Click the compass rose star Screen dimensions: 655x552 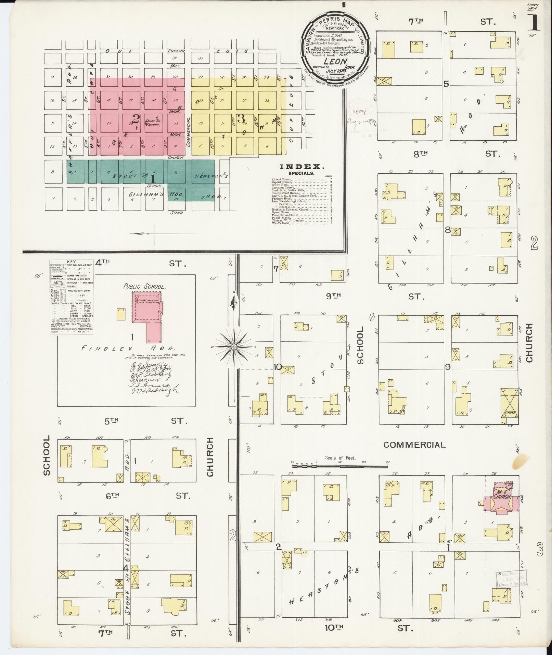[233, 347]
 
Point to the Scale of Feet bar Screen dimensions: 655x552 [340, 465]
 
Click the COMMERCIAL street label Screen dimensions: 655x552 [414, 445]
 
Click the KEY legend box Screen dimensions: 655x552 [72, 297]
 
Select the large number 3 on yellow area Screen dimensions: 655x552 [241, 118]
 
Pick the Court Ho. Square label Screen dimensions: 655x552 [153, 123]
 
